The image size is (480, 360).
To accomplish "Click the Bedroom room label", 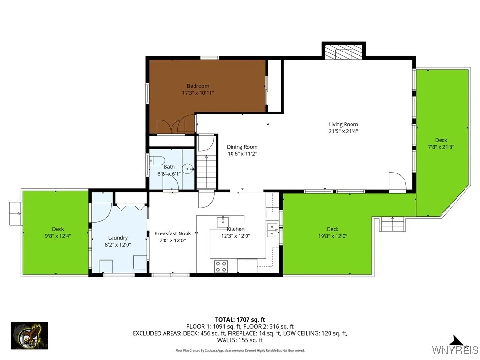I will [198, 86].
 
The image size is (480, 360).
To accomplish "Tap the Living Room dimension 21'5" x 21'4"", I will [343, 131].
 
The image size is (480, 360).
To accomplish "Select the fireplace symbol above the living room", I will [343, 52].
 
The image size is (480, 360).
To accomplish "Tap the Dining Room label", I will [242, 147].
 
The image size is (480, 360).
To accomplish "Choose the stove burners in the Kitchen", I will [221, 266].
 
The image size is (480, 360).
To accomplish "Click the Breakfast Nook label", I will [172, 233].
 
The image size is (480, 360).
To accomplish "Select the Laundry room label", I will [118, 238].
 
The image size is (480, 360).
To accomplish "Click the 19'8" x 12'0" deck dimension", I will [332, 236].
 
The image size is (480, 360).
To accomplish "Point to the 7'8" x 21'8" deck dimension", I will [441, 147].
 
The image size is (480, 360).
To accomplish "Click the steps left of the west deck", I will [16, 213].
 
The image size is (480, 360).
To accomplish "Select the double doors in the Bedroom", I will [169, 126].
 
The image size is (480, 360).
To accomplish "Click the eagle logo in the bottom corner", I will [29, 336].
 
